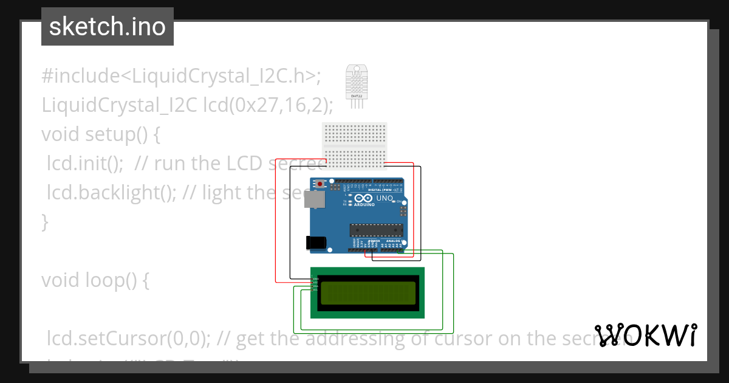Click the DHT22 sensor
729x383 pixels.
tap(356, 82)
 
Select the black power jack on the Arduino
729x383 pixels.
tap(316, 243)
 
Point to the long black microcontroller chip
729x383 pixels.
tap(376, 229)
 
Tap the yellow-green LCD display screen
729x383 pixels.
tap(368, 293)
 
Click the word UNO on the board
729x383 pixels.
tap(385, 198)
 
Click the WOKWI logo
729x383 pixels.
tap(646, 335)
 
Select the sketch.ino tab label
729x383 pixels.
tap(108, 27)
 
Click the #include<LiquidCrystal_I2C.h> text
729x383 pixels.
tap(180, 76)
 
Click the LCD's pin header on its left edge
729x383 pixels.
tap(313, 285)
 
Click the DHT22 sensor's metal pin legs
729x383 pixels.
tap(356, 105)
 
